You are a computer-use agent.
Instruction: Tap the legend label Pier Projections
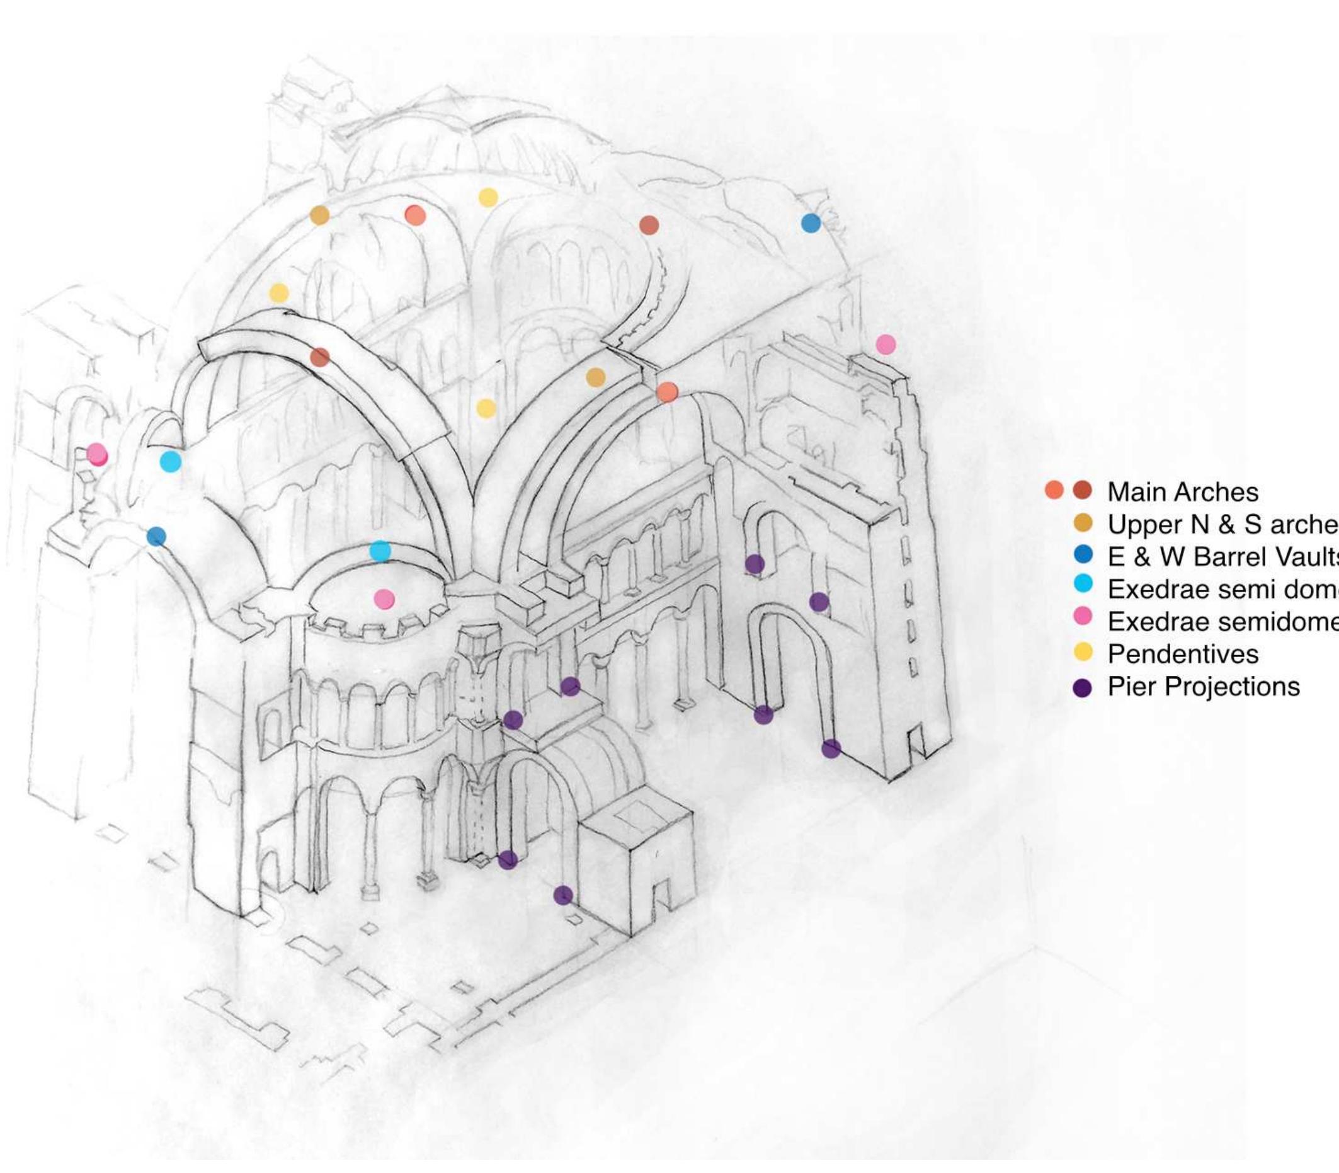coord(1203,687)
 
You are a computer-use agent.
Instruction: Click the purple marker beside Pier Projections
coord(1083,688)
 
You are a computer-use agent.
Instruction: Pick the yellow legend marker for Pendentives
coord(1083,652)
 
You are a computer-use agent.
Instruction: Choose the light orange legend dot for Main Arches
coord(1054,489)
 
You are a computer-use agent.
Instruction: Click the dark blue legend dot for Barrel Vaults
coord(1083,555)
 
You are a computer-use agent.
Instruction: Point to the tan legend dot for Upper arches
coord(1083,523)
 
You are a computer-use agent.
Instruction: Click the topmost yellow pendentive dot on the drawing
coord(487,197)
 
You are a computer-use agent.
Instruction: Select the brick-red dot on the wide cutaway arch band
coord(319,357)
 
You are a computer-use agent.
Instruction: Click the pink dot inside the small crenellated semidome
coord(384,599)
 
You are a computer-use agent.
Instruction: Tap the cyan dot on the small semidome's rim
coord(380,551)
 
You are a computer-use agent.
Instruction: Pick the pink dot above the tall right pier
coord(886,345)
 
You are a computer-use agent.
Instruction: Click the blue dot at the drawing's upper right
coord(810,223)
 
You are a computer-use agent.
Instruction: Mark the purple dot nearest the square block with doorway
coord(563,895)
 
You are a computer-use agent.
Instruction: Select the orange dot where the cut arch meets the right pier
coord(667,392)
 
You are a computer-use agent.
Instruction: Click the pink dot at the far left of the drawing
coord(97,453)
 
